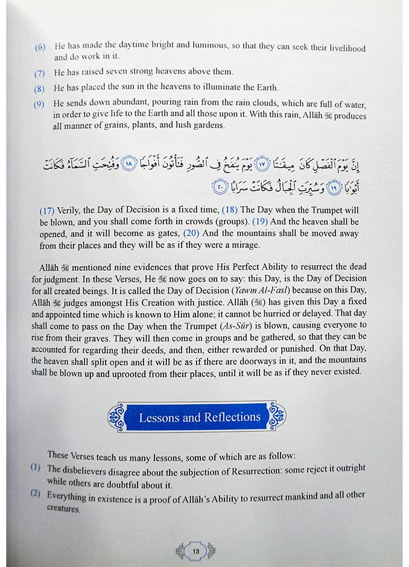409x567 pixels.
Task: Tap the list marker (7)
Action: [x=40, y=74]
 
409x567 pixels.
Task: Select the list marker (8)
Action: [x=40, y=87]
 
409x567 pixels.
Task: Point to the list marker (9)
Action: [x=40, y=104]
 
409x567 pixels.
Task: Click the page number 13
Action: [x=195, y=550]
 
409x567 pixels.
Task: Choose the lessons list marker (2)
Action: [x=36, y=495]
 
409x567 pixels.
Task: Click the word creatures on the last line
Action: [x=63, y=508]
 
